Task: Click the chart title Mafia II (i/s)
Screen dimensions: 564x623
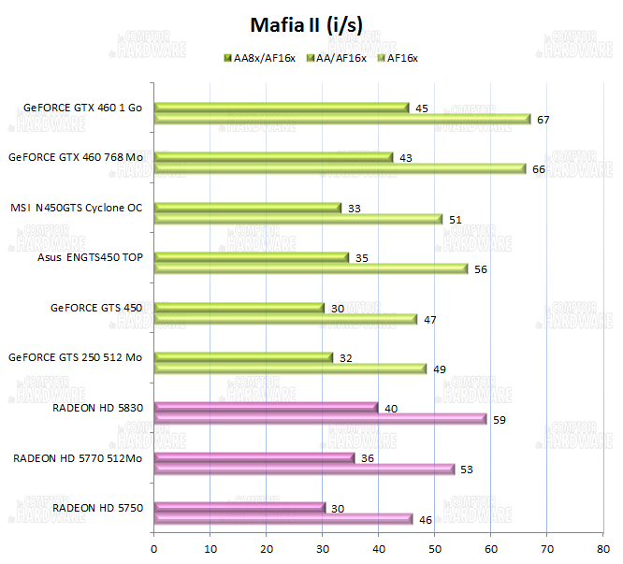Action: (311, 24)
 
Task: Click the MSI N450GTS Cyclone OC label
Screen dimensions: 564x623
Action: (77, 208)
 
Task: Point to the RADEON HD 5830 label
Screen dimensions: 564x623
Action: (97, 408)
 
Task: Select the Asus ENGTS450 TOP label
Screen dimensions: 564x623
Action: (91, 257)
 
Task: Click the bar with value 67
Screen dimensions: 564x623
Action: (341, 119)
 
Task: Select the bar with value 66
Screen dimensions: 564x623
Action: (339, 168)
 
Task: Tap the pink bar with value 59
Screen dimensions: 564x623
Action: (319, 418)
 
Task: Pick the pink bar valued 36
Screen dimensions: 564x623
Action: (254, 457)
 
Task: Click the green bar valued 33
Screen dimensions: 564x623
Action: (247, 208)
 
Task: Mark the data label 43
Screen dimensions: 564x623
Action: (406, 158)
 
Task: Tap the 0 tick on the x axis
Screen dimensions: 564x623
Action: (153, 541)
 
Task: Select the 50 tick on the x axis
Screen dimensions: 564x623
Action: (435, 541)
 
